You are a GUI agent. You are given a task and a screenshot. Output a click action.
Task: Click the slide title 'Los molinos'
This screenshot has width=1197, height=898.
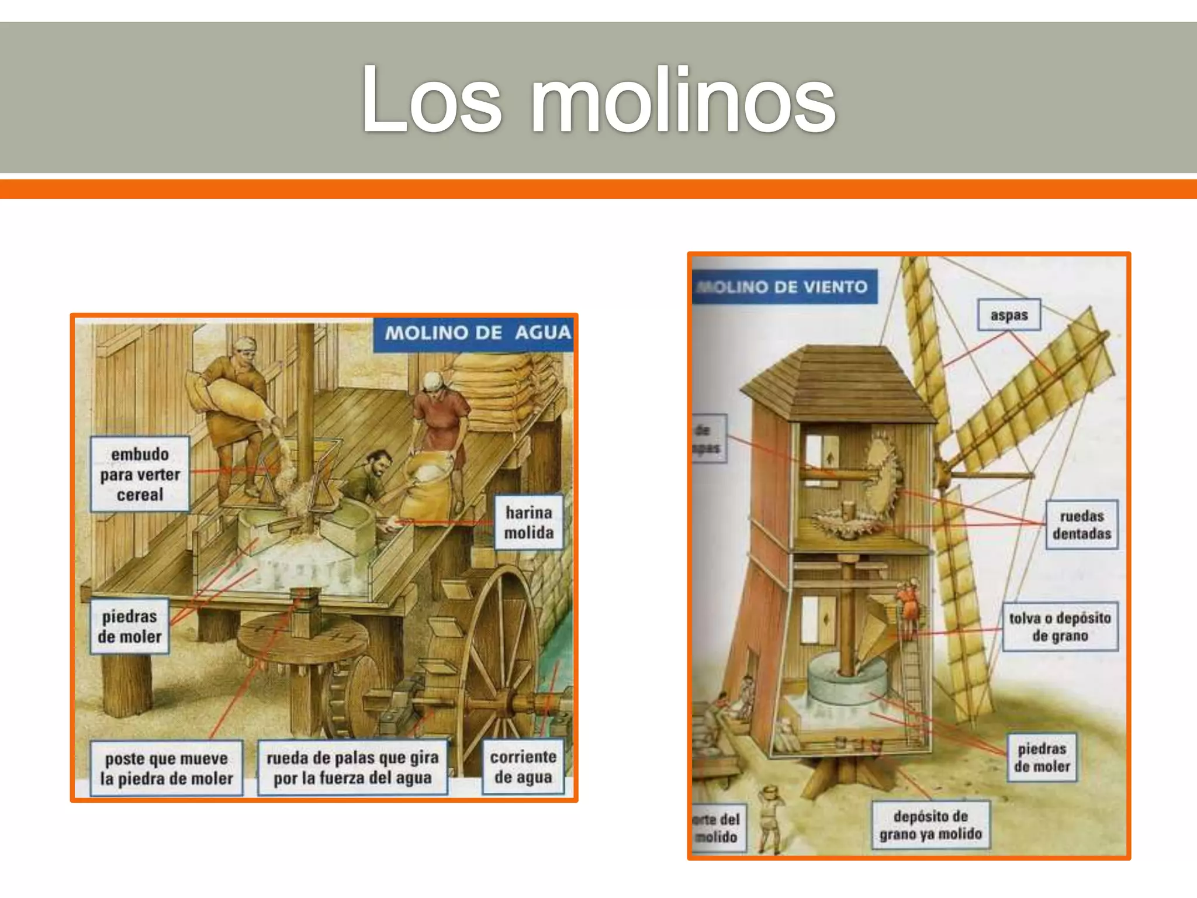point(598,99)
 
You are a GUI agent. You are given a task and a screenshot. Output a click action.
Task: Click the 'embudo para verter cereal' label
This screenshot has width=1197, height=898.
point(140,474)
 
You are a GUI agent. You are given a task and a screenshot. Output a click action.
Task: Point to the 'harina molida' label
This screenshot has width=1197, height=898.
point(529,522)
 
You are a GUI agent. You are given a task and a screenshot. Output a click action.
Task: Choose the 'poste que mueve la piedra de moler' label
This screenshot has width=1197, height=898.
point(167,768)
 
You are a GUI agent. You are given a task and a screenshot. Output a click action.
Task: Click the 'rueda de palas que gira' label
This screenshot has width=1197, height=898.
point(352,768)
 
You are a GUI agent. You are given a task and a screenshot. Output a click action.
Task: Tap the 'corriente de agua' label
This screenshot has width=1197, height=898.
point(523,766)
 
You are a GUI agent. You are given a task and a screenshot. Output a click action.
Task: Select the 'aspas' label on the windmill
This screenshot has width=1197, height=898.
point(1009,315)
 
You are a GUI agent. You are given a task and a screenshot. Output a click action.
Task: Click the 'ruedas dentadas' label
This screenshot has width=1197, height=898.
point(1081,524)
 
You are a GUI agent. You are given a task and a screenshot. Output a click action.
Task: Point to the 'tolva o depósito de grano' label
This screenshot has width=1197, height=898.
point(1060,626)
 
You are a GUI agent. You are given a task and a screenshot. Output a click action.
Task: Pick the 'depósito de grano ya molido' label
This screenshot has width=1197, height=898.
point(930,824)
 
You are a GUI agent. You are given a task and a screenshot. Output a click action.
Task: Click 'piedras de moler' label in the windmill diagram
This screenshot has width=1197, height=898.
point(1042,757)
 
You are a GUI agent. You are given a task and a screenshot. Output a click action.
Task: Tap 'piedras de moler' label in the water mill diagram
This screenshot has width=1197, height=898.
point(129,626)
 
